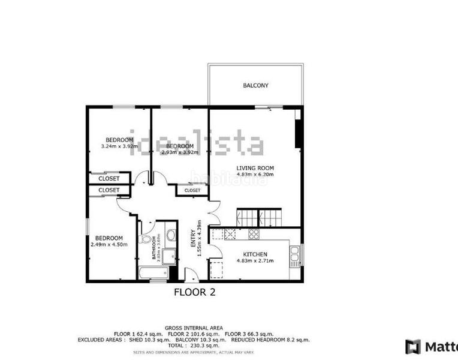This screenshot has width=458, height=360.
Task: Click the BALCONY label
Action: point(255,86)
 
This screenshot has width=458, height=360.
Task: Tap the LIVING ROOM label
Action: point(255,168)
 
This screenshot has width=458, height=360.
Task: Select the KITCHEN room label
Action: point(255,254)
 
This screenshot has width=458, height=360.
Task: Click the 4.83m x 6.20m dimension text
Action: point(255,175)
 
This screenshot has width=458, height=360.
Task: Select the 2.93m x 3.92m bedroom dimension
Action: point(179,152)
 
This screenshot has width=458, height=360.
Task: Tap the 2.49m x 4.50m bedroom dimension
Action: point(109,245)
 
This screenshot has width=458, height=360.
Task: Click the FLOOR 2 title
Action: point(194,293)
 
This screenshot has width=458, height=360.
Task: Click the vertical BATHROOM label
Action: point(154,248)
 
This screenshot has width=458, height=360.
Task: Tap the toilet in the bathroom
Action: point(144,239)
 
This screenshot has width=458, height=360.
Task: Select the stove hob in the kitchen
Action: point(252,234)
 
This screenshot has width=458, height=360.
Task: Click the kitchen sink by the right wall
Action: point(294,255)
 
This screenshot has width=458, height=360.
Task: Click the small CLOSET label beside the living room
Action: point(192,190)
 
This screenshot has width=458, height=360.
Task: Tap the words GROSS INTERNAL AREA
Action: point(194,328)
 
